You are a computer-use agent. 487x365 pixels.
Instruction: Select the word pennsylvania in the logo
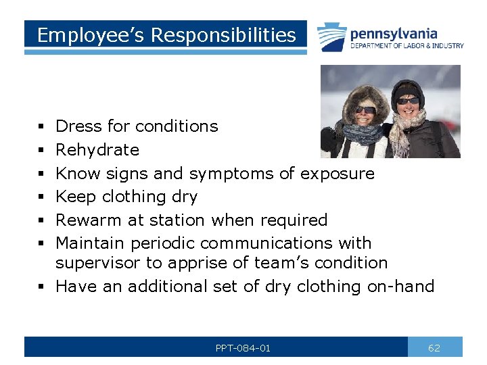pos(394,33)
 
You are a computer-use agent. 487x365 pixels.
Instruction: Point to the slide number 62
pos(434,348)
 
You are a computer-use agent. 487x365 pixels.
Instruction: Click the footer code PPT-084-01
pos(243,348)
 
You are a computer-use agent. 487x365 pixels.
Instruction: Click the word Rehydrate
pos(97,150)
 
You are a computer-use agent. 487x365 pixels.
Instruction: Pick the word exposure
pos(337,174)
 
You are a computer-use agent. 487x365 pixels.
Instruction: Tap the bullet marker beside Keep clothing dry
pos(43,197)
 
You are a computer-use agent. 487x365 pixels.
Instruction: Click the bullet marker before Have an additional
pos(43,287)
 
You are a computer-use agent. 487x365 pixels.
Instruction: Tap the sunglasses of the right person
pos(408,100)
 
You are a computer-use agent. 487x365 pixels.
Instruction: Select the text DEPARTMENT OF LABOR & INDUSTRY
pos(407,46)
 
